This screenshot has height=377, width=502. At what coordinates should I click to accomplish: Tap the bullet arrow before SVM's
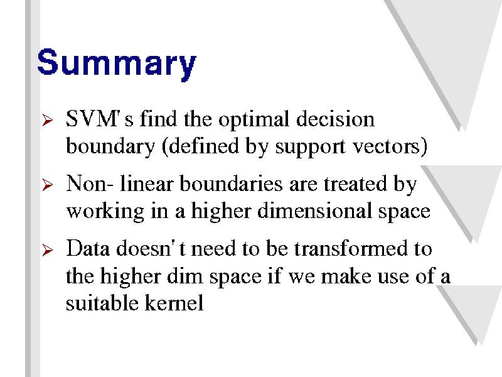[x=48, y=121]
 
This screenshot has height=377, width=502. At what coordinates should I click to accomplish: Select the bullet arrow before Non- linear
[x=48, y=185]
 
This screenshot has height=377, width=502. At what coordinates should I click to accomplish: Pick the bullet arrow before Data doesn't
[x=48, y=250]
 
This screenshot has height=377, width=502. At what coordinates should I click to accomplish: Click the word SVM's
[x=99, y=119]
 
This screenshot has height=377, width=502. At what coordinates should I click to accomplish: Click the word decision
[x=335, y=119]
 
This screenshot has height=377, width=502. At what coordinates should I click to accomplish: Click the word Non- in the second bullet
[x=89, y=183]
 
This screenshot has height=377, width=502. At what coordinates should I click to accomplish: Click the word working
[x=105, y=212]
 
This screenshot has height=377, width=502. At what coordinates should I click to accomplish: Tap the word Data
[x=88, y=248]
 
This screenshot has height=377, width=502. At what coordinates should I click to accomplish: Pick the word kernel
[x=174, y=302]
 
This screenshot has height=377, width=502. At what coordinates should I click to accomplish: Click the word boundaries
[x=231, y=183]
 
